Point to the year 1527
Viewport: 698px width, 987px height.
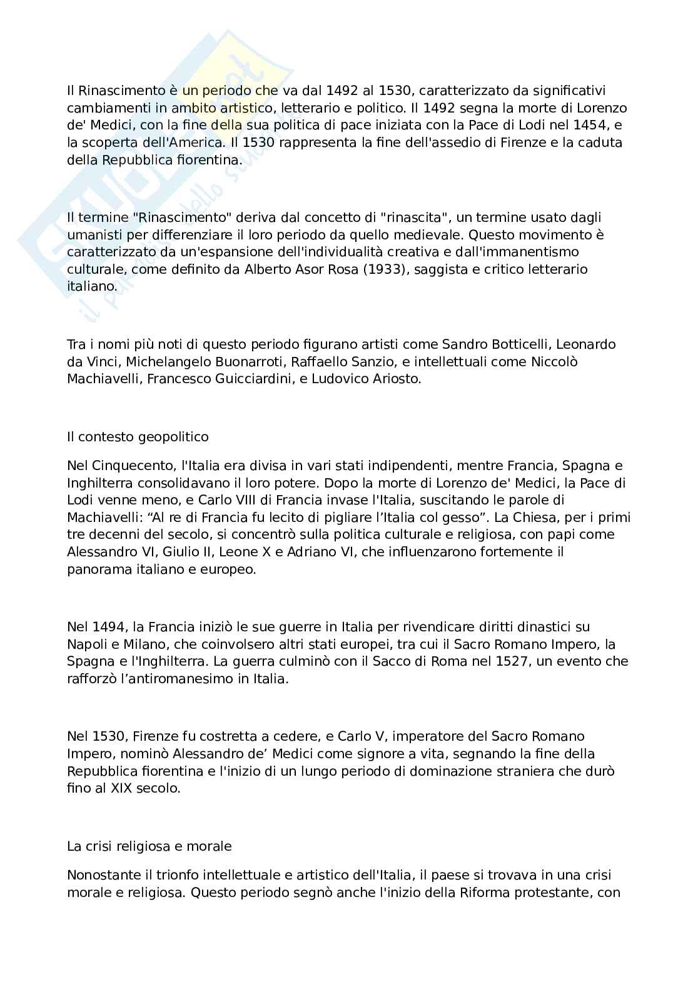click(508, 661)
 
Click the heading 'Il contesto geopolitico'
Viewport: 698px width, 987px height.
click(138, 436)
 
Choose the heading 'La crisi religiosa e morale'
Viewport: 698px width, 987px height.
click(149, 846)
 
